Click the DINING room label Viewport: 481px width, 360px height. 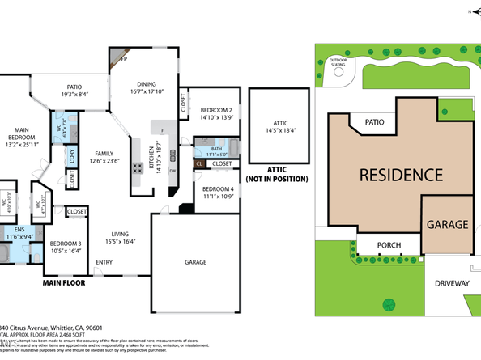click(x=147, y=83)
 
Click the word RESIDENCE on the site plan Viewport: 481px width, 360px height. click(x=400, y=174)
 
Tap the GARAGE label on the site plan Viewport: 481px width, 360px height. click(x=447, y=224)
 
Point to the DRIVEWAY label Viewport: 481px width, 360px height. click(x=452, y=283)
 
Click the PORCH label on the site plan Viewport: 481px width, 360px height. click(x=378, y=246)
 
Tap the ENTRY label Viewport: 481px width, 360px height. click(x=104, y=261)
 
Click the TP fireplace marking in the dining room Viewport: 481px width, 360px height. click(x=124, y=60)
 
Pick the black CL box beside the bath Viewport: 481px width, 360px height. click(x=199, y=163)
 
